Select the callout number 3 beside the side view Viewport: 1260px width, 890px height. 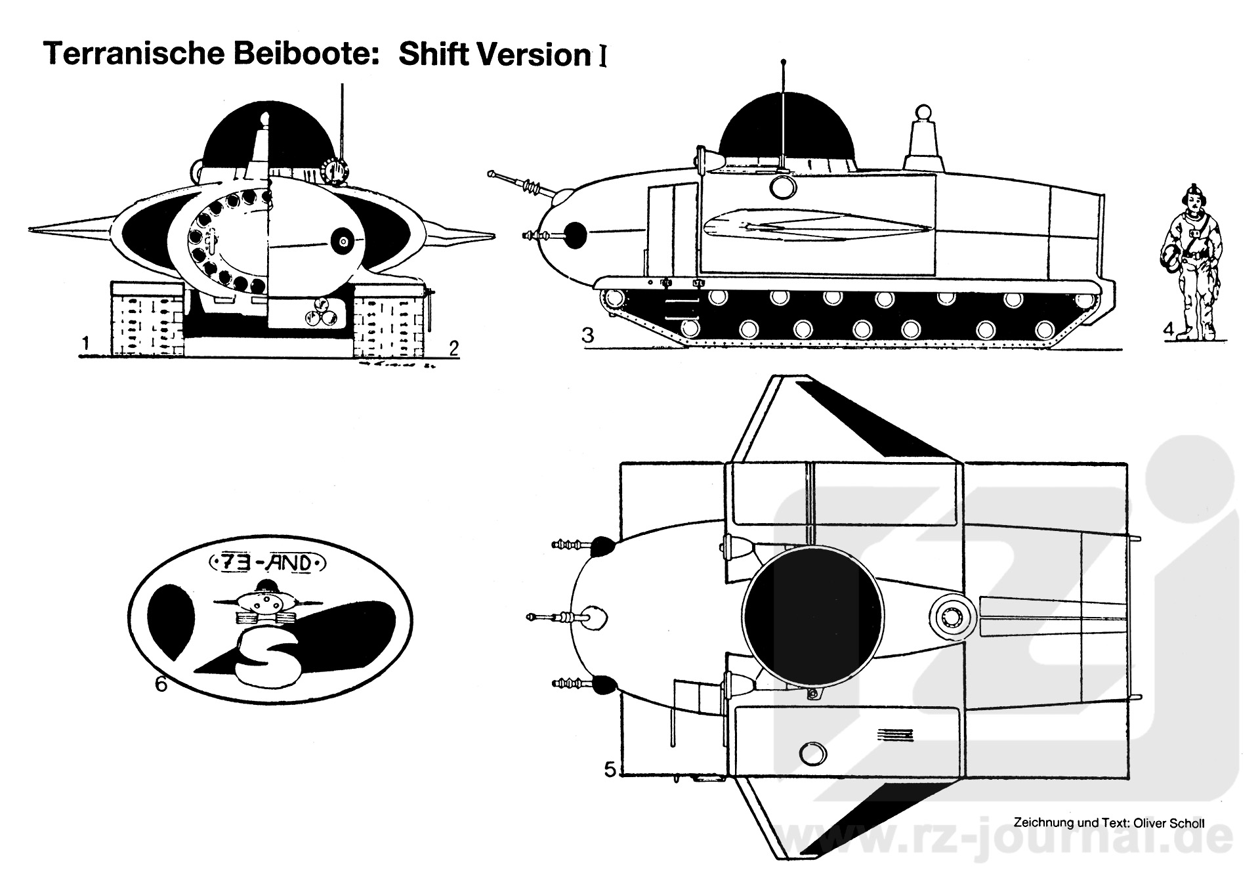click(587, 335)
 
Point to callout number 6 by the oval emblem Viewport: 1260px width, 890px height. click(161, 684)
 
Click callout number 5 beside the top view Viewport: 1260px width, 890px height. click(610, 769)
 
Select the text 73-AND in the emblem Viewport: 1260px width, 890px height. click(266, 563)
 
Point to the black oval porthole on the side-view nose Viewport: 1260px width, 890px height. click(575, 235)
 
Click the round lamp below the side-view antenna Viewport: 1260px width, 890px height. click(782, 186)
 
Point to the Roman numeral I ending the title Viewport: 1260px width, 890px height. click(602, 56)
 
